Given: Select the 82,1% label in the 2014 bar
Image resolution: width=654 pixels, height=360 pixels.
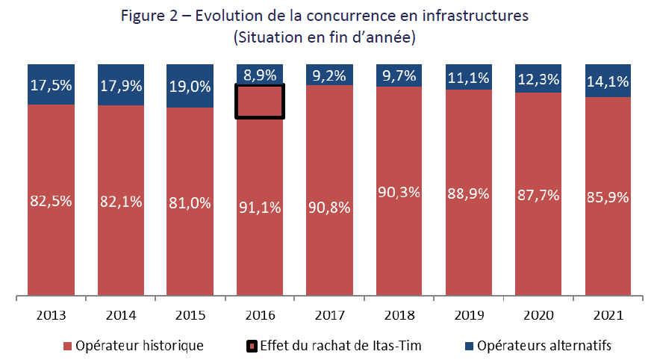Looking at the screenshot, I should click(121, 202).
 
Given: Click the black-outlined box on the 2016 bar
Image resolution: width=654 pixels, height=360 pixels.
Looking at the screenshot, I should click(260, 101).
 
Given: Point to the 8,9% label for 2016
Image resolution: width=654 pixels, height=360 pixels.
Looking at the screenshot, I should click(260, 75).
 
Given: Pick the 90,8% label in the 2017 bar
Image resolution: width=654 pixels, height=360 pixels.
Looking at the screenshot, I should click(329, 207).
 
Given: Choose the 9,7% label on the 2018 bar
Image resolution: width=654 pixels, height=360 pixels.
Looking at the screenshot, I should click(399, 75).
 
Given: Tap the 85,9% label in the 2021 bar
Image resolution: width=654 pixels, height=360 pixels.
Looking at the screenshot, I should click(608, 199).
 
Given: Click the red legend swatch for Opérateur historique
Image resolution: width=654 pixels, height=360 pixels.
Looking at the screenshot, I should click(68, 346).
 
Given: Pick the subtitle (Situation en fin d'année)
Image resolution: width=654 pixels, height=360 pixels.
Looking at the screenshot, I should click(325, 36).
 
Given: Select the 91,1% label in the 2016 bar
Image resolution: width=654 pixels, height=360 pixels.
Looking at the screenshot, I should click(260, 208).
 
